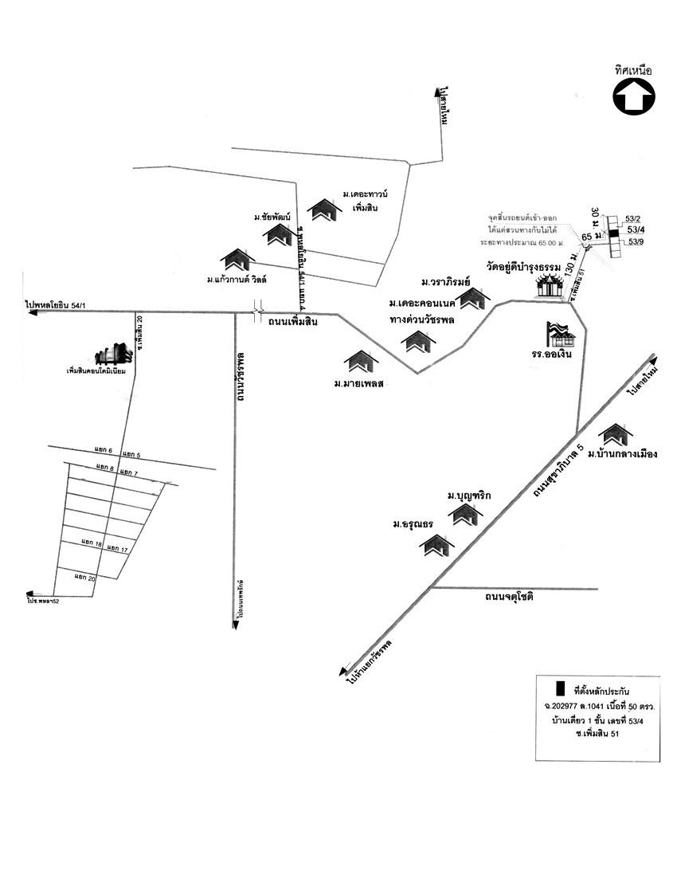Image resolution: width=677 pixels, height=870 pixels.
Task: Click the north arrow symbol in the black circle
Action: tap(633, 96)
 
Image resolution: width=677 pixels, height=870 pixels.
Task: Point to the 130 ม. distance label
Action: tap(569, 266)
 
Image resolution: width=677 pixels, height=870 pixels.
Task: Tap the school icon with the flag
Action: tap(558, 333)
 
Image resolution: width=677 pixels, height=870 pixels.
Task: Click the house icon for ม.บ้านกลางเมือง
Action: tap(616, 434)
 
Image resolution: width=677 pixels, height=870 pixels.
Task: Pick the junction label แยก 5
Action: tap(131, 455)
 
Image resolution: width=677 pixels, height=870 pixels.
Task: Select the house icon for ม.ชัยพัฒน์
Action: tap(280, 234)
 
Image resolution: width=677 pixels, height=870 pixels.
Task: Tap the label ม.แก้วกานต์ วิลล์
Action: tap(237, 279)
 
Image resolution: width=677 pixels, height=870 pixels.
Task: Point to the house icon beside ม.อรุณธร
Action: tap(437, 546)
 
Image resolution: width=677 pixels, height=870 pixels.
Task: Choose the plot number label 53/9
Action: tap(637, 241)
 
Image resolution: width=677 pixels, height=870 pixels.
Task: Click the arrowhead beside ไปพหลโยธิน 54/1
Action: tap(31, 314)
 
